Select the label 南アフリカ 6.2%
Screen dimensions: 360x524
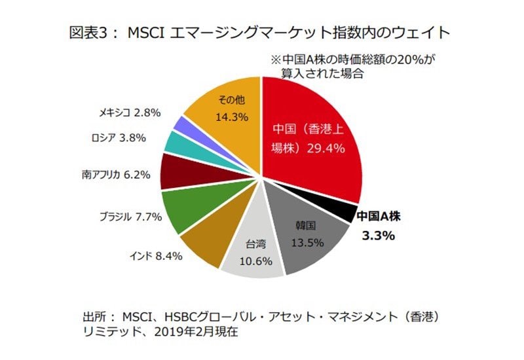click(117, 175)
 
